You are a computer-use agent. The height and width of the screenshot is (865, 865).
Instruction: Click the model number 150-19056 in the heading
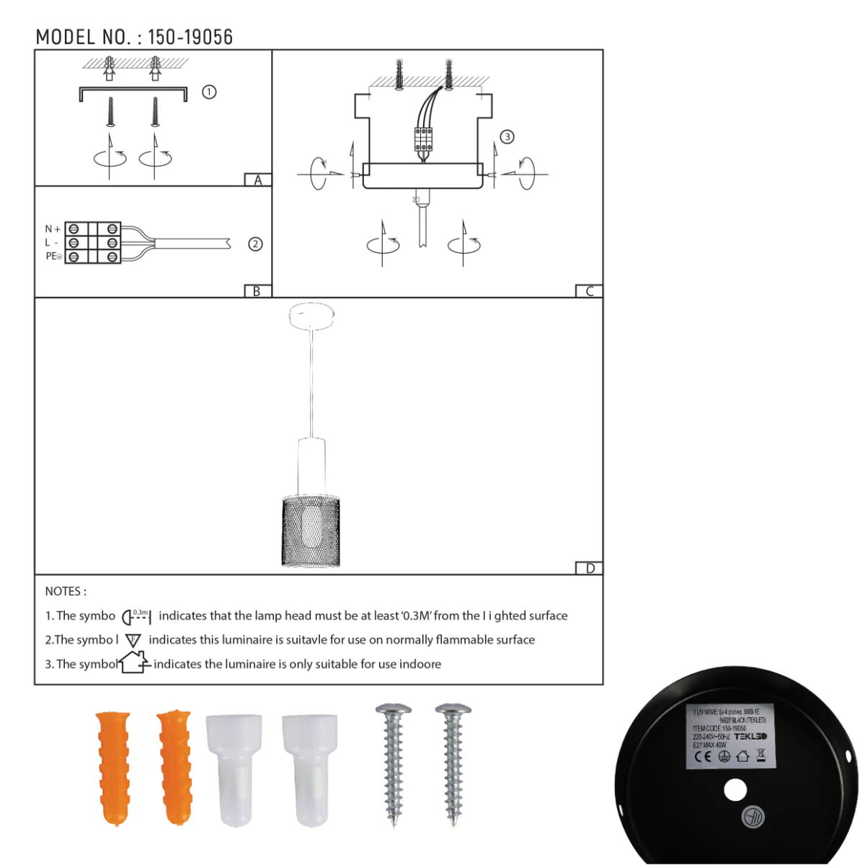pyautogui.click(x=190, y=37)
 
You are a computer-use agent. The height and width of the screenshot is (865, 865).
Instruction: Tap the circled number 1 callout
pyautogui.click(x=209, y=92)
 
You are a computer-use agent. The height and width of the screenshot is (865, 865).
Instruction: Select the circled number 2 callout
pyautogui.click(x=255, y=244)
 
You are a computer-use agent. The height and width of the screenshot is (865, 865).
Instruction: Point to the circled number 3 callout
pyautogui.click(x=507, y=137)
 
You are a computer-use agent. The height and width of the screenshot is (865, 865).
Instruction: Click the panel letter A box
pyautogui.click(x=258, y=180)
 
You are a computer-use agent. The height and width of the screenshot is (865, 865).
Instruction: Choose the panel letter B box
pyautogui.click(x=257, y=291)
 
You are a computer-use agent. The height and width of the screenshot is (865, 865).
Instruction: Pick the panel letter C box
pyautogui.click(x=589, y=291)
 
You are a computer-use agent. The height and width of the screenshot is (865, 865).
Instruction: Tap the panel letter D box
pyautogui.click(x=590, y=569)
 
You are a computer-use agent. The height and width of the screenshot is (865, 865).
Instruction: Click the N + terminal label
pyautogui.click(x=53, y=229)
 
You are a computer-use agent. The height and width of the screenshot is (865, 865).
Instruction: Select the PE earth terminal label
pyautogui.click(x=53, y=257)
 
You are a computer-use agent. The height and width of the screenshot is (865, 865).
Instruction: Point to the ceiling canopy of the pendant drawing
pyautogui.click(x=312, y=316)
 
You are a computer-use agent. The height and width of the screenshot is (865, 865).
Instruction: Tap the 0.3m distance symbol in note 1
pyautogui.click(x=136, y=616)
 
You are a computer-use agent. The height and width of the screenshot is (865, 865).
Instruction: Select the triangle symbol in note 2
pyautogui.click(x=133, y=640)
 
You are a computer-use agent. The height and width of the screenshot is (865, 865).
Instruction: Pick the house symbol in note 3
pyautogui.click(x=134, y=662)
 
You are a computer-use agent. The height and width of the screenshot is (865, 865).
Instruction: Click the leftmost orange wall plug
pyautogui.click(x=114, y=767)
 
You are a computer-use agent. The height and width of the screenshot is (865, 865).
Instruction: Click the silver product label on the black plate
pyautogui.click(x=729, y=736)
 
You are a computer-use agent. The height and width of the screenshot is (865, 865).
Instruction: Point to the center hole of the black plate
pyautogui.click(x=735, y=790)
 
